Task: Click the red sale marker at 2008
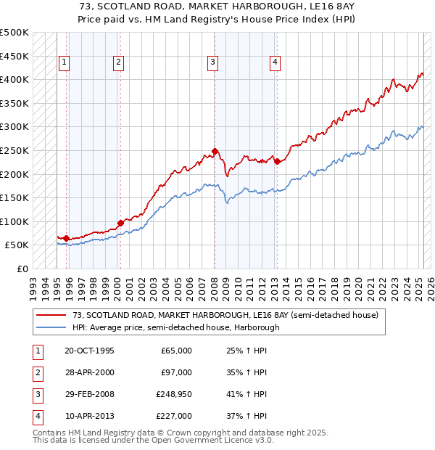[x=215, y=151]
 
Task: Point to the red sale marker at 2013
[x=278, y=161]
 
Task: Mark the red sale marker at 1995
[x=66, y=238]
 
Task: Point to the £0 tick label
[x=22, y=269]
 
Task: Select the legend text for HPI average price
[x=175, y=327]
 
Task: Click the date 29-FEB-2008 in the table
[x=89, y=394]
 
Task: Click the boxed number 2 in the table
[x=37, y=372]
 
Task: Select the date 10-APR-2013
[x=89, y=416]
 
